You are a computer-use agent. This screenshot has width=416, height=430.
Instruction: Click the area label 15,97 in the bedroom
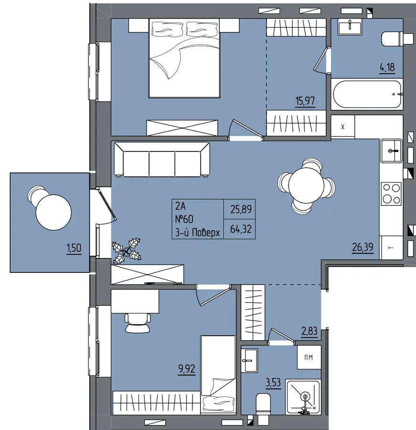(305, 101)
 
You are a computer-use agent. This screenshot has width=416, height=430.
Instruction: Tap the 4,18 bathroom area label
(387, 67)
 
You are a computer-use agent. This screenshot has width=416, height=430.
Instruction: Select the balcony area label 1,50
(74, 248)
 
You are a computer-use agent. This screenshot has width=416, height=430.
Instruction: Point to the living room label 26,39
(363, 247)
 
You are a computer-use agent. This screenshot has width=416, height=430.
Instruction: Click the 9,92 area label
(187, 369)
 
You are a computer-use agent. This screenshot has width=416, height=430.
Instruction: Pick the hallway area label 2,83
(309, 331)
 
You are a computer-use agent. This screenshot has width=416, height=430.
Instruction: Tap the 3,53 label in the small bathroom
(273, 382)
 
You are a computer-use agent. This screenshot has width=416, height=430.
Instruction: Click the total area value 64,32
(241, 229)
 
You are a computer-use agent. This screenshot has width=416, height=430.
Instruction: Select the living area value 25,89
(241, 210)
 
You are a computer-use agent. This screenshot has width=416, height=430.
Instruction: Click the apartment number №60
(184, 219)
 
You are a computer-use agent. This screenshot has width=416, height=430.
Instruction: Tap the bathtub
(367, 94)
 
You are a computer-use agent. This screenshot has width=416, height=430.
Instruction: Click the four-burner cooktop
(391, 193)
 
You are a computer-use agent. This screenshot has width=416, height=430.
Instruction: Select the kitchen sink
(391, 151)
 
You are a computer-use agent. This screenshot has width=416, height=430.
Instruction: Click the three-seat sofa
(162, 160)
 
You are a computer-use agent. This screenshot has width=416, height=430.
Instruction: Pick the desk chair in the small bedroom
(138, 323)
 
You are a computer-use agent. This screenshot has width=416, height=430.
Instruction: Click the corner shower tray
(303, 397)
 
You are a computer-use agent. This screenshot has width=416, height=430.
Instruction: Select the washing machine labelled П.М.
(309, 357)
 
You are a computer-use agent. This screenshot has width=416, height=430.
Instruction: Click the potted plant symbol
(127, 251)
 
